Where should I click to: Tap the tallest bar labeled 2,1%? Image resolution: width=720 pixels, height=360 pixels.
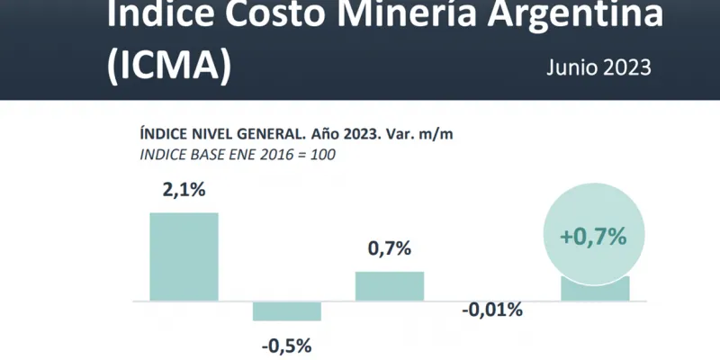(x=184, y=256)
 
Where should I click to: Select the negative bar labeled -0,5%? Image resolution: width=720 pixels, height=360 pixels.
(x=287, y=310)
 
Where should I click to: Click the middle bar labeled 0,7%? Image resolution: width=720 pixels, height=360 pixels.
(x=390, y=285)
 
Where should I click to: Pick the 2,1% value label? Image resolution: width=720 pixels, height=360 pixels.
(x=184, y=191)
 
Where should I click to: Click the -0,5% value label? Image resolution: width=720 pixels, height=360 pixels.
(x=287, y=345)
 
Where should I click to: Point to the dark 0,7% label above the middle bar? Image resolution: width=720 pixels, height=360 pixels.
(x=389, y=248)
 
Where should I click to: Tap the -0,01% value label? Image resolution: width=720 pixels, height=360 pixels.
(x=492, y=310)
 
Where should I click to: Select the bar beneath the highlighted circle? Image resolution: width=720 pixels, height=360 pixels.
(x=595, y=290)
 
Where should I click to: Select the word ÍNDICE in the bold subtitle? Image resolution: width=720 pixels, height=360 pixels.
(x=165, y=133)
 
